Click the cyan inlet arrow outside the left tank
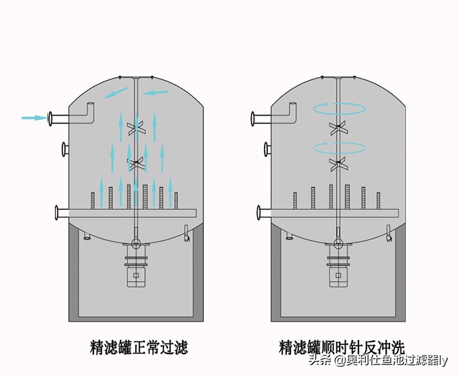[x=33, y=117]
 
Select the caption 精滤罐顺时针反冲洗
[x=341, y=347]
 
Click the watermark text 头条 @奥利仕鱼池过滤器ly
[x=378, y=360]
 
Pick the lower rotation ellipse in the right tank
[x=340, y=147]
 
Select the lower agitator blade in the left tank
[x=136, y=163]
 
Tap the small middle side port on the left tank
[x=64, y=148]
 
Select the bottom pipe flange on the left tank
[x=57, y=212]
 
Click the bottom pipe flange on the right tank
[x=259, y=212]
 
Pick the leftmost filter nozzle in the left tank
[x=93, y=200]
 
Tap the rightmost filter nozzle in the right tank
[x=378, y=200]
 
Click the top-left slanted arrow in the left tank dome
[x=116, y=93]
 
